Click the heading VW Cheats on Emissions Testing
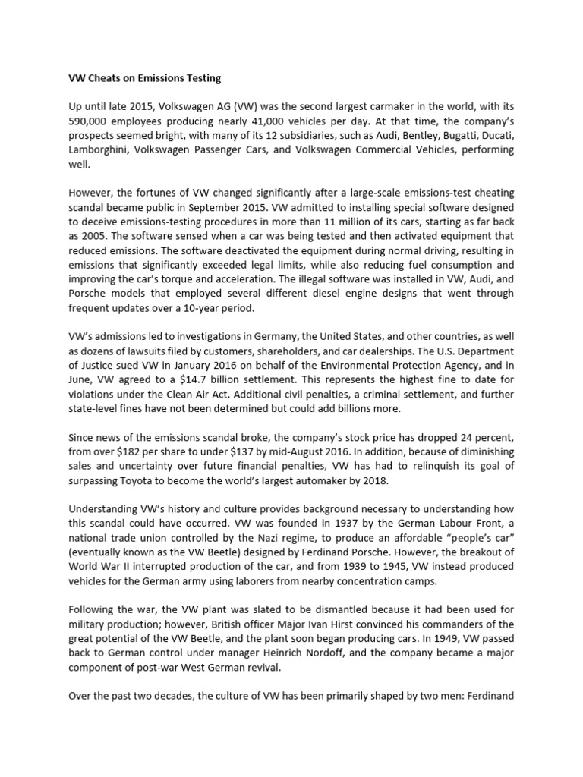pyautogui.click(x=145, y=77)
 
